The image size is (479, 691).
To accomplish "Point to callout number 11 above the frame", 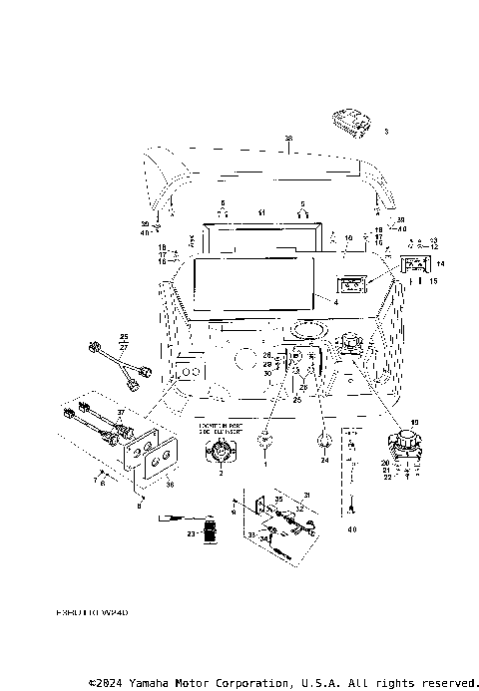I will [261, 213].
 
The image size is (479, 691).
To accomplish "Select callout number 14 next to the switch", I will [441, 263].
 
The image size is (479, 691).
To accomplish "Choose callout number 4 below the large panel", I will [336, 301].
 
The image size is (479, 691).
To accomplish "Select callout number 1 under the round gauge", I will [266, 465].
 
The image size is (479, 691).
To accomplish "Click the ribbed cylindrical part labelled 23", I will [210, 531].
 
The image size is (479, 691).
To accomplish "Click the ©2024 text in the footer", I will [107, 683].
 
